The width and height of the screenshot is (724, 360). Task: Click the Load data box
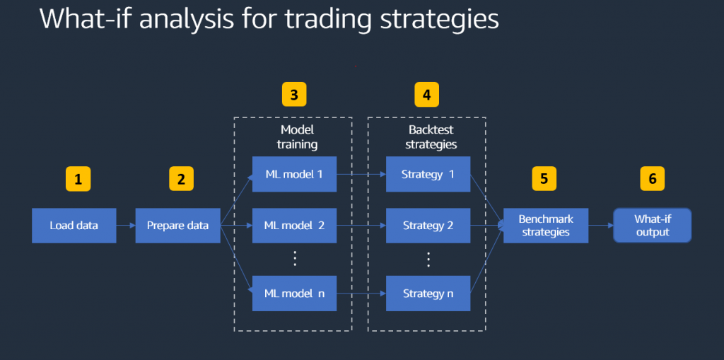pyautogui.click(x=74, y=226)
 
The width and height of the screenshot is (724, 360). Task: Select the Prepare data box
pyautogui.click(x=177, y=226)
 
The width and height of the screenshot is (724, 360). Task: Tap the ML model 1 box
pyautogui.click(x=293, y=174)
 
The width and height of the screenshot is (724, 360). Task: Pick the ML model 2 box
pyautogui.click(x=293, y=226)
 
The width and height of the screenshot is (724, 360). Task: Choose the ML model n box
pyautogui.click(x=293, y=294)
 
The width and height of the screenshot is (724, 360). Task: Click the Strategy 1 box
pyautogui.click(x=428, y=174)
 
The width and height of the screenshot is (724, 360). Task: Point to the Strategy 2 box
pyautogui.click(x=428, y=226)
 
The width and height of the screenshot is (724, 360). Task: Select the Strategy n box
pyautogui.click(x=428, y=294)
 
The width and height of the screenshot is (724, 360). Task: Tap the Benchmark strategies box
pyautogui.click(x=545, y=226)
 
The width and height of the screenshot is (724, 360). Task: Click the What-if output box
pyautogui.click(x=652, y=226)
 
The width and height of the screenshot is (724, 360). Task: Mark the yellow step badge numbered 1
pyautogui.click(x=78, y=179)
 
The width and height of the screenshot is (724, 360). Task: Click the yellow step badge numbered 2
pyautogui.click(x=181, y=179)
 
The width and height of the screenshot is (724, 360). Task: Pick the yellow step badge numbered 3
pyautogui.click(x=293, y=94)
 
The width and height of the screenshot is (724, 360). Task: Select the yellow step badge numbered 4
pyautogui.click(x=426, y=94)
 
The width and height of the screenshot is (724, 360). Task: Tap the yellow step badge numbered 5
pyautogui.click(x=544, y=178)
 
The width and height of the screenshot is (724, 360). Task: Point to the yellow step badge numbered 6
pyautogui.click(x=652, y=178)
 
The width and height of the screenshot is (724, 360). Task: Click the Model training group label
pyautogui.click(x=297, y=137)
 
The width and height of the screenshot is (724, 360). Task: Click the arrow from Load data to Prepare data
pyautogui.click(x=125, y=226)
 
